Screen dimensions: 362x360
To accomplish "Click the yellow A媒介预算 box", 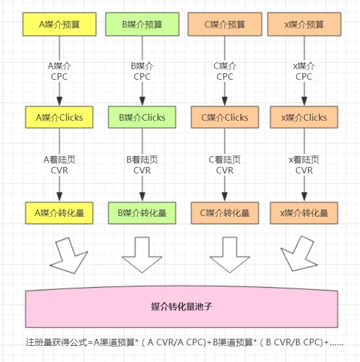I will (x=59, y=24).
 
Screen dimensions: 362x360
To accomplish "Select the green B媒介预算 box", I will (x=142, y=24).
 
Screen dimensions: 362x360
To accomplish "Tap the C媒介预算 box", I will (x=225, y=24).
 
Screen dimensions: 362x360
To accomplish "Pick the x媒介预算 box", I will (x=304, y=24).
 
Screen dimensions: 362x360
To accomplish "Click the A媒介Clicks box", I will (x=59, y=117).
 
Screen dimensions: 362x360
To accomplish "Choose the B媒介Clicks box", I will (x=142, y=117).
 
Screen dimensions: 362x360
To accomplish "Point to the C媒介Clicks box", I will (x=225, y=117).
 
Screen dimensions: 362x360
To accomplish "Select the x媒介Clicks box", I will (x=304, y=117).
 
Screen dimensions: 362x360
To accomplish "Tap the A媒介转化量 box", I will (x=59, y=213).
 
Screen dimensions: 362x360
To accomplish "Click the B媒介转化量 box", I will (x=142, y=213).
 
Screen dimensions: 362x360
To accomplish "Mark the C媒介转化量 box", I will (x=225, y=213).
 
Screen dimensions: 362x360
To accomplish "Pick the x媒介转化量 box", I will (x=304, y=213).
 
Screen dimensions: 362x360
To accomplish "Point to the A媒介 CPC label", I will (x=59, y=71).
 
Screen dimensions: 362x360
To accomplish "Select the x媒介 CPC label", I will (x=304, y=71).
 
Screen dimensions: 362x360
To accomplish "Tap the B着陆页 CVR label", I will (x=142, y=165).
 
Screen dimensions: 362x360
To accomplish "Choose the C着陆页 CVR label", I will (x=225, y=165).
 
